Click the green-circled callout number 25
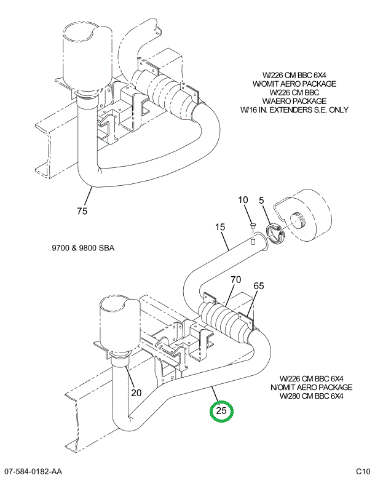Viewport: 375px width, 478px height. [x=222, y=410]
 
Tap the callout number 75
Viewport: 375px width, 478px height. [x=82, y=212]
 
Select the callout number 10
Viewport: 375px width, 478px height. [x=243, y=200]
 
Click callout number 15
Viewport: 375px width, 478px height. [x=221, y=228]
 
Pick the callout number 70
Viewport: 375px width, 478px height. [x=235, y=281]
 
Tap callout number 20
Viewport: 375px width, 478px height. [x=136, y=393]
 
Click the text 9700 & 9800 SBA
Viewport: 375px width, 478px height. [x=84, y=249]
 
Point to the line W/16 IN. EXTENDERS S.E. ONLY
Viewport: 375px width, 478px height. [x=294, y=110]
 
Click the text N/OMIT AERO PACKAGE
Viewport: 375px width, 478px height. [x=311, y=387]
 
